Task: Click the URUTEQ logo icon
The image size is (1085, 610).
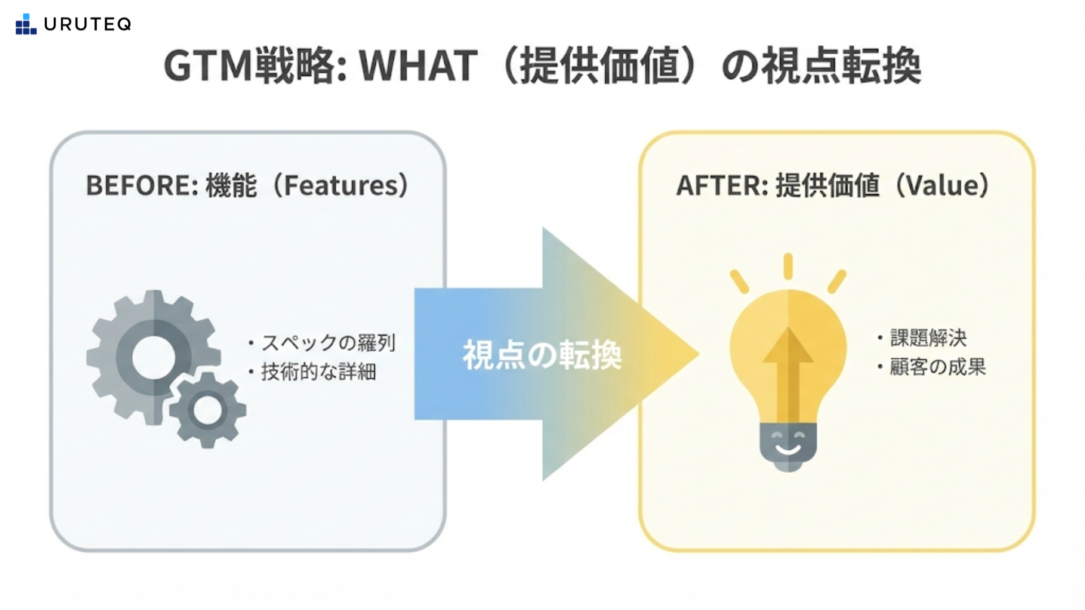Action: point(26,24)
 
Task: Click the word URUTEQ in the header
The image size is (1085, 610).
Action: point(88,24)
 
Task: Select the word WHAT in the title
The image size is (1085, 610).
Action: point(419,66)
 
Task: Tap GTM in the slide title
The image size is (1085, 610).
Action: point(208,66)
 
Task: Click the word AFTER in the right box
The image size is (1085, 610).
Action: point(719,185)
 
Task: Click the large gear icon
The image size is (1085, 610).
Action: point(153,357)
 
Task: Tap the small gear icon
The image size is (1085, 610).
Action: point(208,410)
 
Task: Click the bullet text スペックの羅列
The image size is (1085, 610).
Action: point(328,343)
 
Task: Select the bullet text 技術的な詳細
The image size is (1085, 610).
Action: point(318,372)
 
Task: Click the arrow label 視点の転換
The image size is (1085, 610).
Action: point(542,355)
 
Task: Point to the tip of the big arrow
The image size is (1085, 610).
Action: point(700,354)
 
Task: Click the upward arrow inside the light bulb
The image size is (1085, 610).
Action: point(788,373)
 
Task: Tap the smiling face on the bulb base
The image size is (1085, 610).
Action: point(788,442)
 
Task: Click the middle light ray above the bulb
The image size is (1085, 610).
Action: point(788,266)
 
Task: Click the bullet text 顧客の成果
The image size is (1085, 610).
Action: point(938,367)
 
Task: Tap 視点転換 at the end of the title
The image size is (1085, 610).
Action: point(841,66)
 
